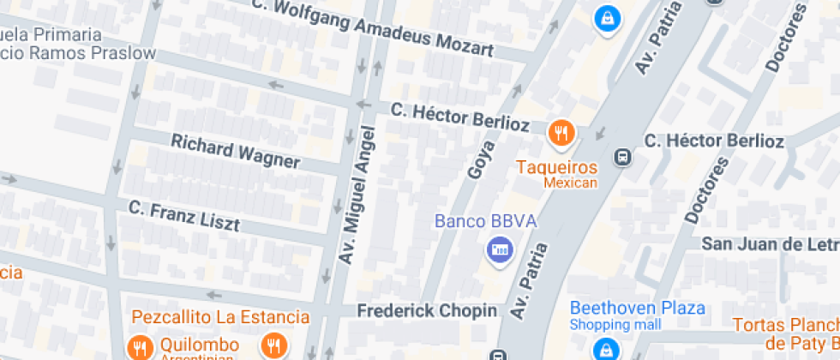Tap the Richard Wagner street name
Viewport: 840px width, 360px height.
coord(236,151)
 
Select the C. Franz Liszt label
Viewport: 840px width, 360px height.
coord(195,215)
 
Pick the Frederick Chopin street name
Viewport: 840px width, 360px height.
coord(427,310)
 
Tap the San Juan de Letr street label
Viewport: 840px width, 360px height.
coord(770,244)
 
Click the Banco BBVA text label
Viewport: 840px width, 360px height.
coord(485,222)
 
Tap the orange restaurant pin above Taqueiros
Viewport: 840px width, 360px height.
coord(561,132)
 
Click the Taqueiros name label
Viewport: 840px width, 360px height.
coord(556,166)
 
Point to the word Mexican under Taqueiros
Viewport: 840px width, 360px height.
coord(570,182)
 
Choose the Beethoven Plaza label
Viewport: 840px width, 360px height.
coord(638,308)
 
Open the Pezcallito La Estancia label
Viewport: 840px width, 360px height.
coord(220,317)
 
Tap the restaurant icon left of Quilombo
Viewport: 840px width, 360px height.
coord(138,347)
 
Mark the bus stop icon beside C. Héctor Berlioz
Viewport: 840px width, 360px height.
coord(623,158)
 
